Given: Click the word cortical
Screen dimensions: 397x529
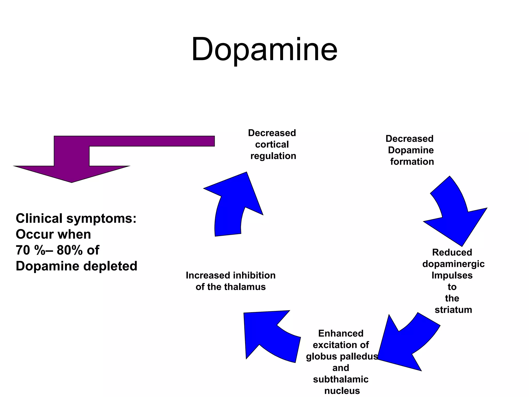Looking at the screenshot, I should point(272,144).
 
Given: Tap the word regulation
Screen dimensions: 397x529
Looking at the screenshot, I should point(273,156).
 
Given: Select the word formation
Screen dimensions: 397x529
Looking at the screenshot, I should point(412,162).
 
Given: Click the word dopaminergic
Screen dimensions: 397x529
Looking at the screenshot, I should point(453,264).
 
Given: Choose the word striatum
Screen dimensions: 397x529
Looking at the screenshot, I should point(453,310).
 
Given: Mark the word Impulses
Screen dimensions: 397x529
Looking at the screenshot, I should point(452,275).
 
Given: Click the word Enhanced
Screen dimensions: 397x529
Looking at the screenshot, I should point(341,333).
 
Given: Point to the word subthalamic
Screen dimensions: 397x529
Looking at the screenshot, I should point(341,379).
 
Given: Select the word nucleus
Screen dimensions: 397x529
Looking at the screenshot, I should point(342,391).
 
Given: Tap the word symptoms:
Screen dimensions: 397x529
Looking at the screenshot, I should point(101,219).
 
